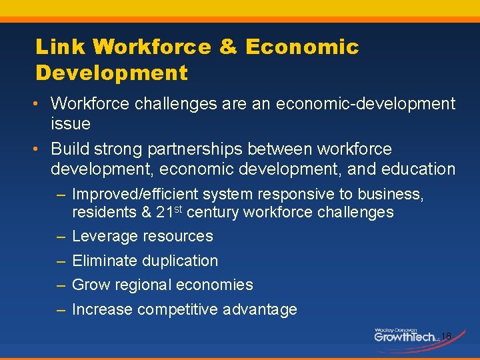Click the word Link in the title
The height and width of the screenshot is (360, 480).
[61, 47]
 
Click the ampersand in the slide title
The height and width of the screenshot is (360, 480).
[229, 47]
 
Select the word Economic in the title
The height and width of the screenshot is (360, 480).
[302, 47]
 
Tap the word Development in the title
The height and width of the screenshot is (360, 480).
[111, 73]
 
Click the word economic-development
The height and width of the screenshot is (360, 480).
[366, 104]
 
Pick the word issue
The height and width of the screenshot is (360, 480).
[71, 123]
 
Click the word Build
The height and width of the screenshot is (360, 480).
[70, 149]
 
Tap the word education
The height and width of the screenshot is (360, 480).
[418, 169]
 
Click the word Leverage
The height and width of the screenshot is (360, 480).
[103, 236]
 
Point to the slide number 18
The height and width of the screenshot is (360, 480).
[446, 336]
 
